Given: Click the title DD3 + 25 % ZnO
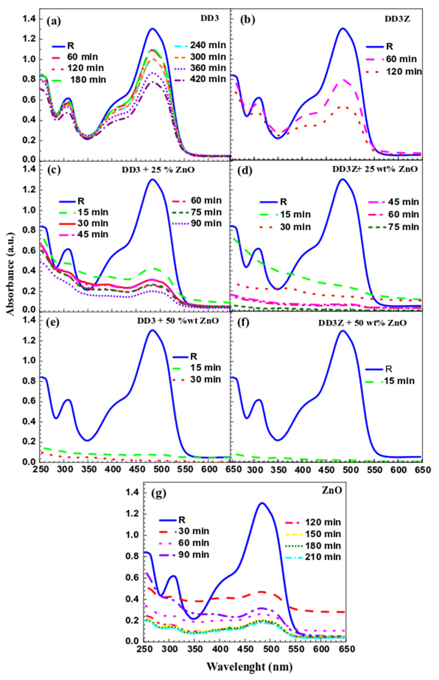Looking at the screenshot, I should (x=159, y=170).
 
